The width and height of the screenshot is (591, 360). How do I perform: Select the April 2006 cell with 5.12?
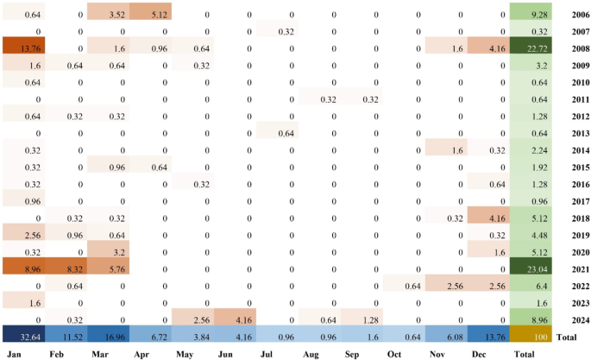(x=150, y=15)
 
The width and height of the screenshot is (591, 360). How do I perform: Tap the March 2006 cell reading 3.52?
(x=108, y=15)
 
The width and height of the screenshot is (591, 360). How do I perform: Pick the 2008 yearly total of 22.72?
(x=530, y=48)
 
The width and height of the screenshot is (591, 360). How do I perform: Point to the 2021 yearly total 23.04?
(x=530, y=268)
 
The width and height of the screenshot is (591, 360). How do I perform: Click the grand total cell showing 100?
(x=530, y=335)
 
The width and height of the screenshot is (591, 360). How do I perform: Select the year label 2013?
(x=569, y=133)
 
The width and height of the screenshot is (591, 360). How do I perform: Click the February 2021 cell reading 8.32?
(x=66, y=268)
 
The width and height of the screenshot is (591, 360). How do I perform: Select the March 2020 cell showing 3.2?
(x=108, y=251)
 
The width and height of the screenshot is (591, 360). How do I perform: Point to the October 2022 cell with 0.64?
(x=404, y=285)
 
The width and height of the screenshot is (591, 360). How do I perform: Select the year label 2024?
(x=569, y=319)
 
